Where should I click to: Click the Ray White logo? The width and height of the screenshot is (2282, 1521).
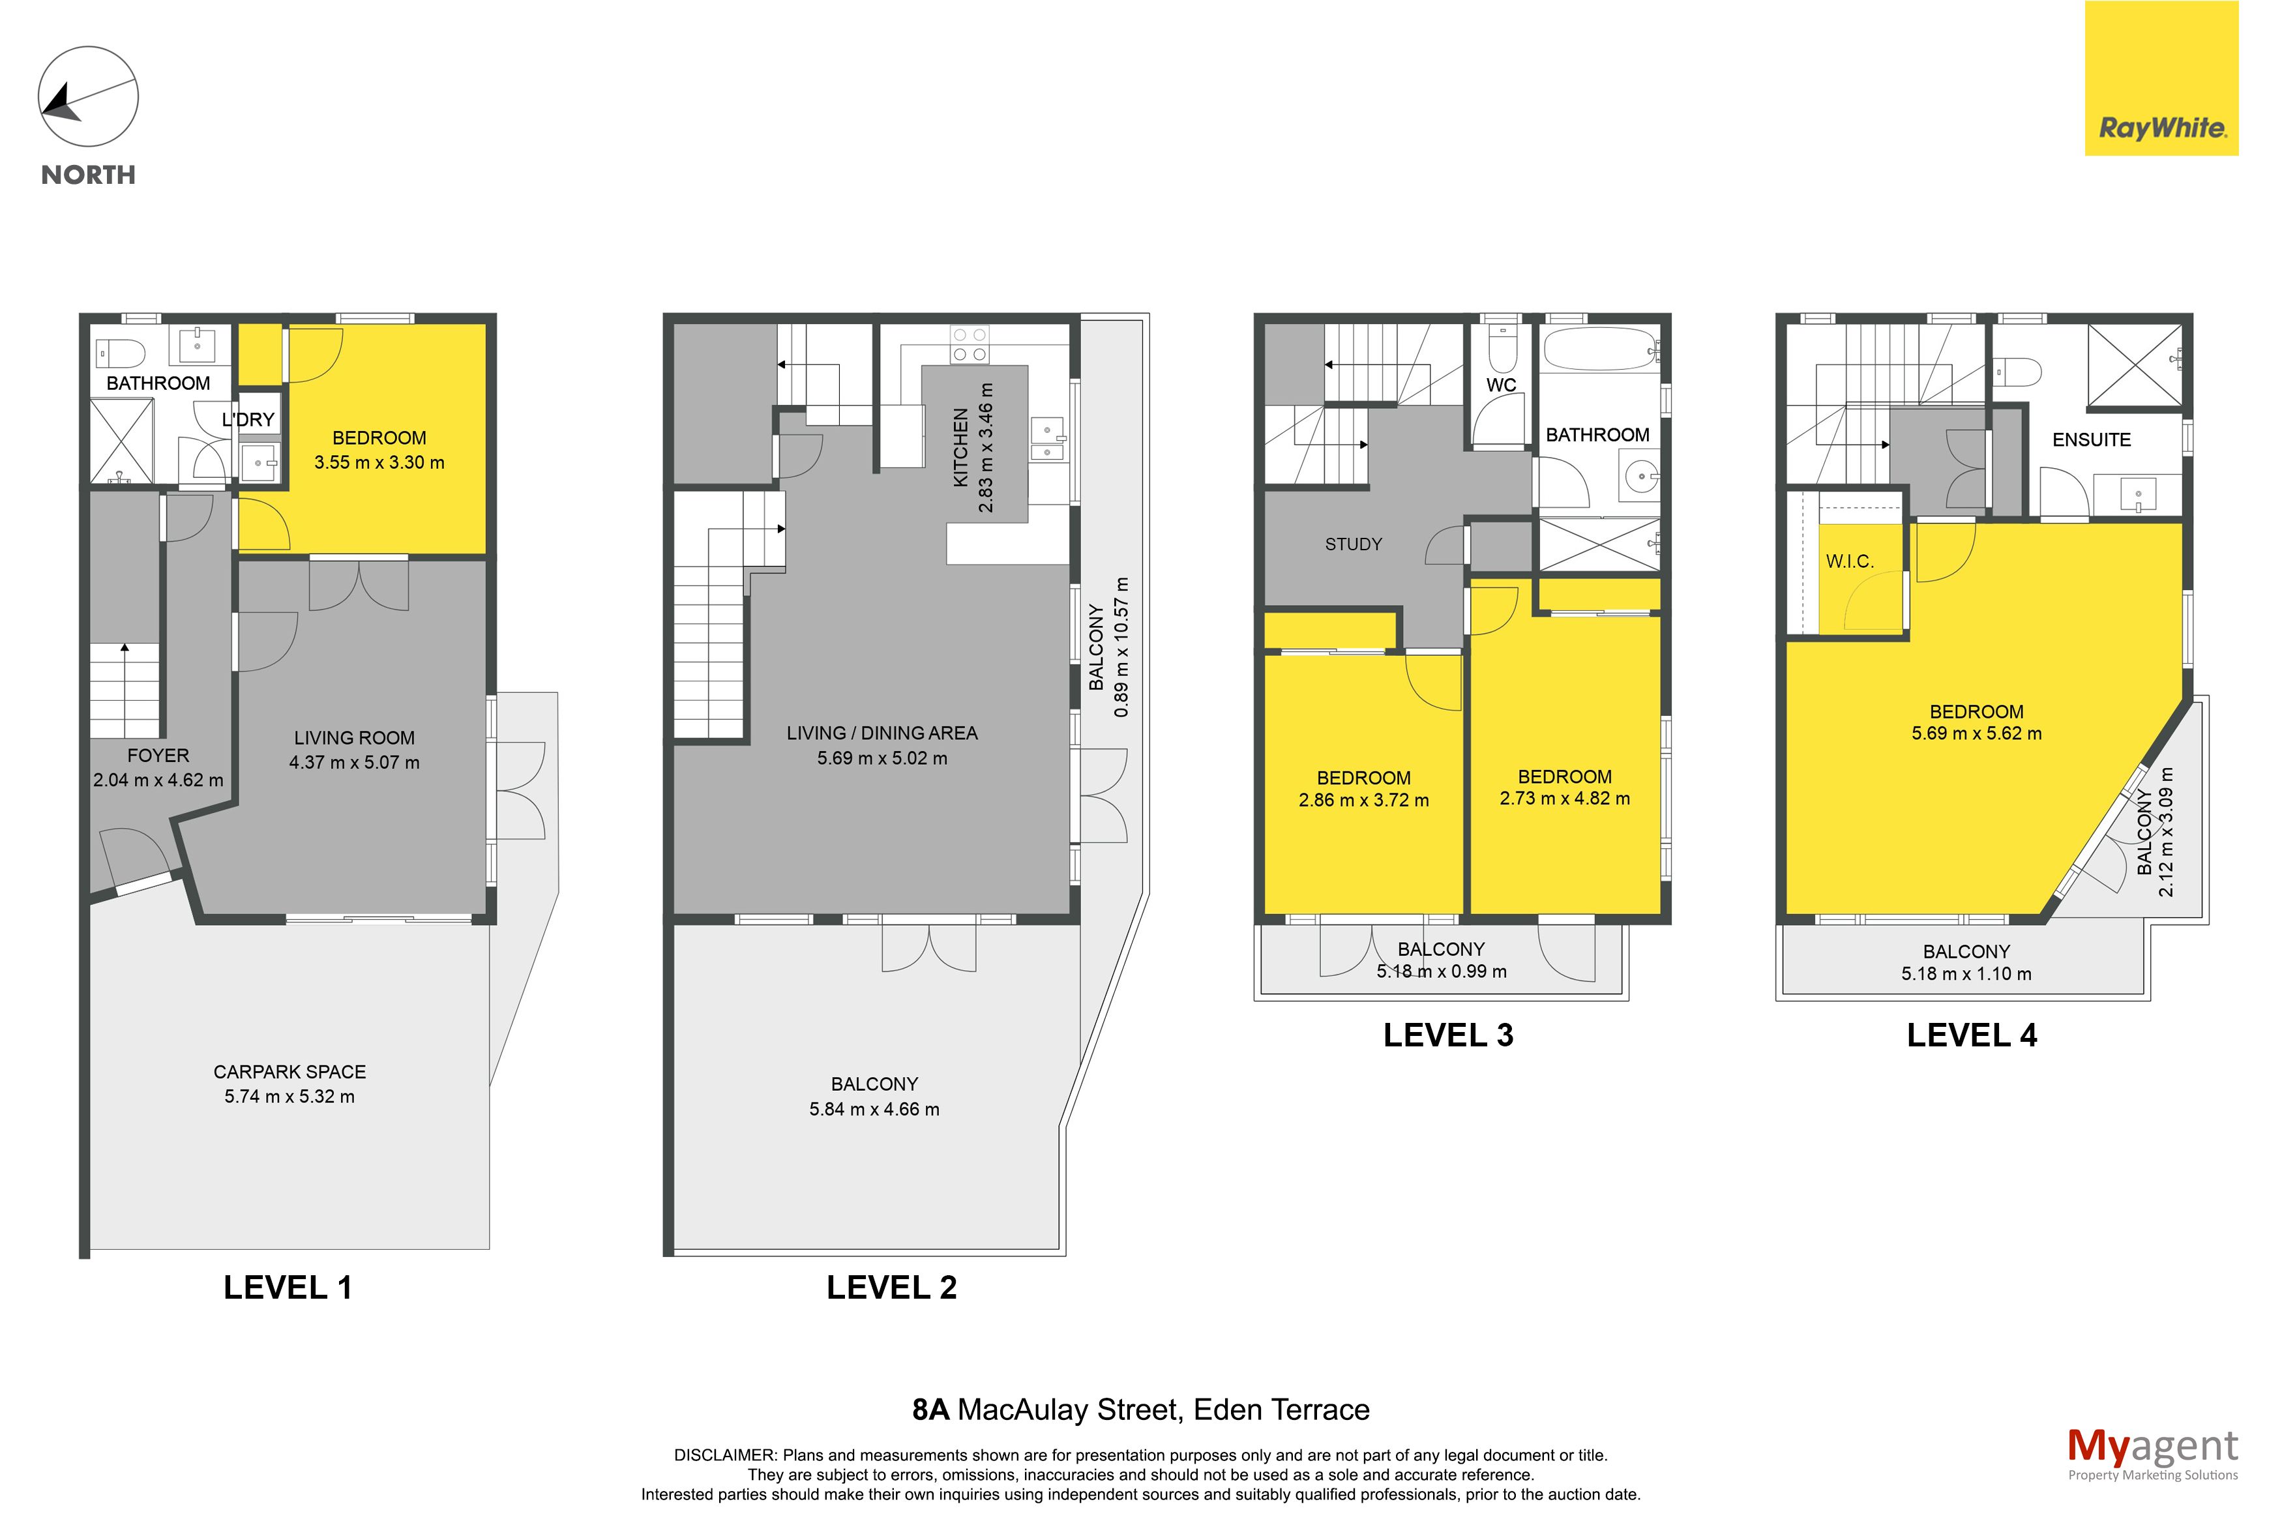2162,79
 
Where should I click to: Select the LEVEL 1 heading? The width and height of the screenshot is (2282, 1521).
288,1287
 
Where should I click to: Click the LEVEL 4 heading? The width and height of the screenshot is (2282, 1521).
1972,1035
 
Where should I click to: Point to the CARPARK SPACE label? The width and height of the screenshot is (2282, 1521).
290,1072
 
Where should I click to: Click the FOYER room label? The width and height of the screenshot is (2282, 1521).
158,756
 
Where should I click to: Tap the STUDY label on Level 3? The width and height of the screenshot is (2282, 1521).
1354,544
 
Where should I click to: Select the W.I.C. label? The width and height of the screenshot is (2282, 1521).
1850,561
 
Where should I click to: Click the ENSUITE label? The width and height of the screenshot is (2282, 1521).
2092,439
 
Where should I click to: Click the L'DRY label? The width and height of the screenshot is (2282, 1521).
248,420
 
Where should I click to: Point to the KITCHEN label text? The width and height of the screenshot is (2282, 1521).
961,447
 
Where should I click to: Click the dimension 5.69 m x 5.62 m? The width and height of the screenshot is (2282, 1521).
1976,734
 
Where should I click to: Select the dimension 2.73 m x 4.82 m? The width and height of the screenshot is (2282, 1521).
1564,799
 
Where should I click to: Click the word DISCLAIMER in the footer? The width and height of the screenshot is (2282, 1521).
724,1455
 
